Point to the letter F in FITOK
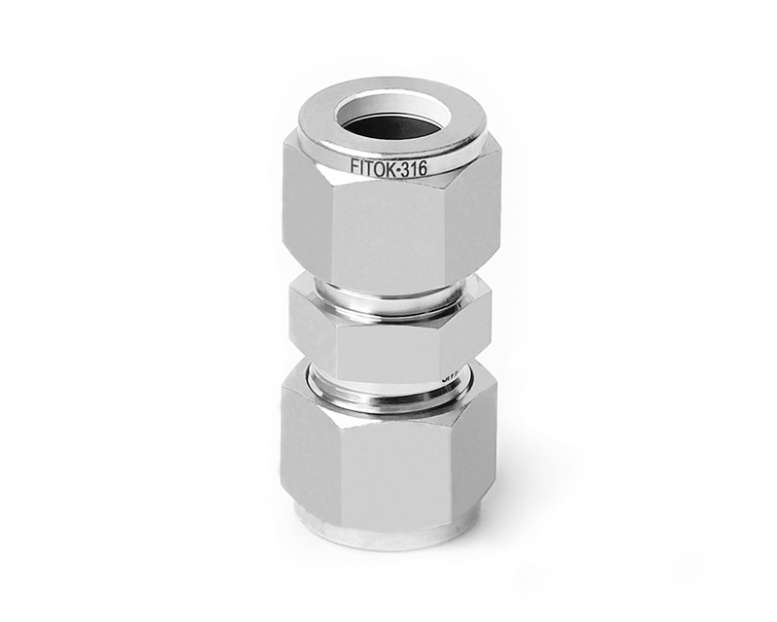point(354,167)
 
